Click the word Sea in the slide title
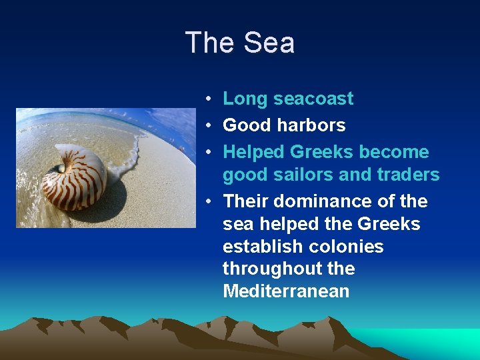coord(269,43)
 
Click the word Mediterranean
coord(286,291)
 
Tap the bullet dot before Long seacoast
coord(209,99)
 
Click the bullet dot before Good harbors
coord(209,126)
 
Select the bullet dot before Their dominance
coord(209,202)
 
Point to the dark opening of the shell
coord(59,169)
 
